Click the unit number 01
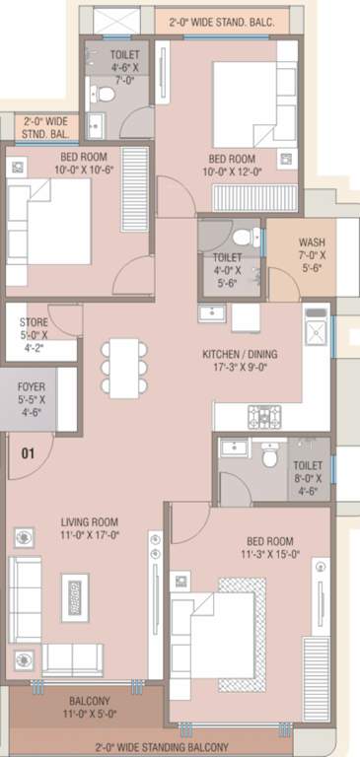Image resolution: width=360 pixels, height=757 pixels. [28, 454]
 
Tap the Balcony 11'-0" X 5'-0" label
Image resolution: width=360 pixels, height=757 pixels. [82, 705]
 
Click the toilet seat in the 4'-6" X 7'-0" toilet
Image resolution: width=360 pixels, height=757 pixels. [103, 95]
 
